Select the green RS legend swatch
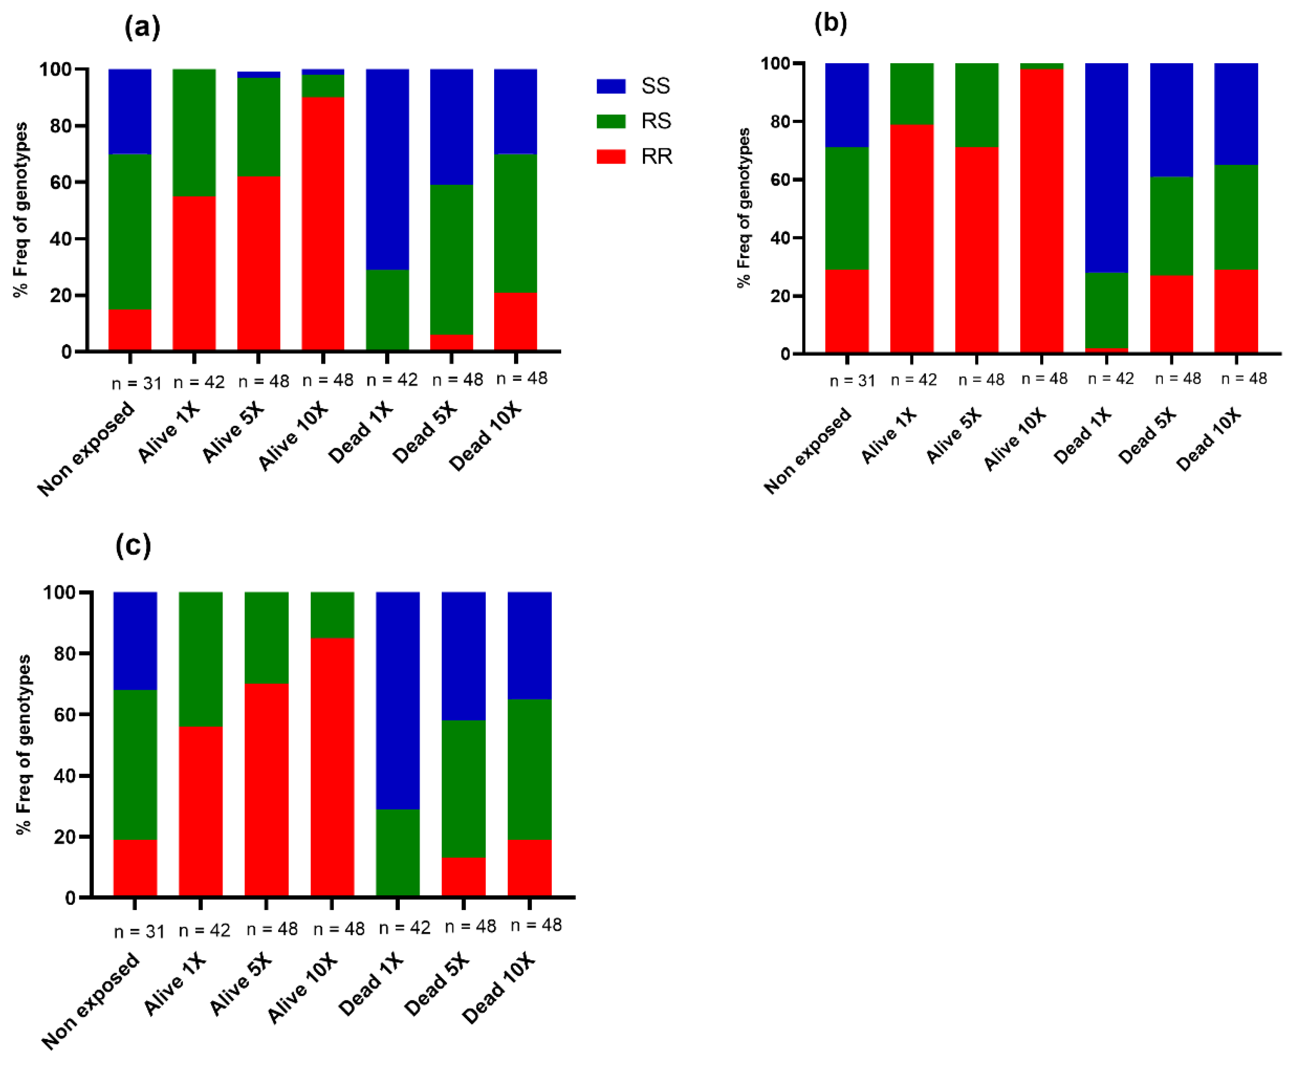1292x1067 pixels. (x=611, y=121)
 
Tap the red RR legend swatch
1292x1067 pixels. (x=611, y=157)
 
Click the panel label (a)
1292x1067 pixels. (x=142, y=28)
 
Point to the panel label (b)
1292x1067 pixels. (x=830, y=23)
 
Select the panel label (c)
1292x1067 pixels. (x=133, y=545)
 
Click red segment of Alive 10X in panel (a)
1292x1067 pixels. (x=323, y=224)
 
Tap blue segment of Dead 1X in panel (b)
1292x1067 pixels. (x=1106, y=167)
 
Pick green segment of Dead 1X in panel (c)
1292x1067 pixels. (x=398, y=852)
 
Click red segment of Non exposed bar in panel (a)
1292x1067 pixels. (x=130, y=330)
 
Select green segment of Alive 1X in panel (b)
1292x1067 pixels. (x=912, y=93)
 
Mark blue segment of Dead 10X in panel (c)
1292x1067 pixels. (x=529, y=646)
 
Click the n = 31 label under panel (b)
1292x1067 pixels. (x=852, y=380)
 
